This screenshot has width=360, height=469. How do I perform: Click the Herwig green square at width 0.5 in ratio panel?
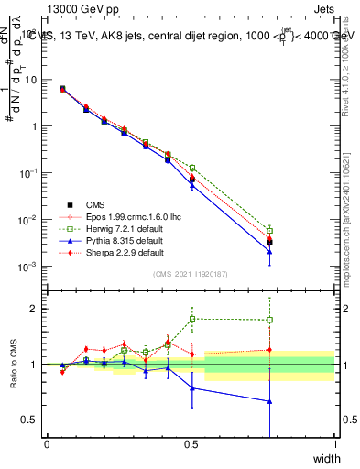pos(191,319)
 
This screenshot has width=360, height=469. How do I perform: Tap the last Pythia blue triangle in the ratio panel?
pos(269,401)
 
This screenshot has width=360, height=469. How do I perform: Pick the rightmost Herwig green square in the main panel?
pos(269,231)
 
